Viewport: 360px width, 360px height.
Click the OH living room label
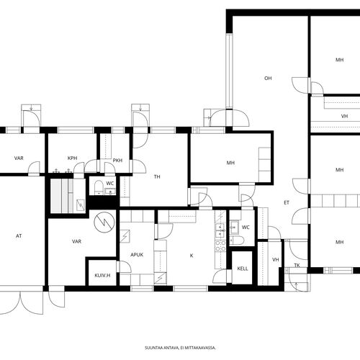268,78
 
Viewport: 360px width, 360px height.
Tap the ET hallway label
287,203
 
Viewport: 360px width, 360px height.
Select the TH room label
157,177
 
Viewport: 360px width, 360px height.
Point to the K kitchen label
192,256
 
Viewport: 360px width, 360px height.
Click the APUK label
137,255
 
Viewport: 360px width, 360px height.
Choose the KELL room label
243,269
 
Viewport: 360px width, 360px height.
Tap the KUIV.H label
102,275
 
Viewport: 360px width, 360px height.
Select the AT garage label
19,236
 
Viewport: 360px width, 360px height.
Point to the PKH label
117,161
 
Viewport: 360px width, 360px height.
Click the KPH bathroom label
72,158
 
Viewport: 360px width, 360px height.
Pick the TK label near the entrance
297,266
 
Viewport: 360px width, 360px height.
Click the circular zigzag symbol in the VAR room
104,222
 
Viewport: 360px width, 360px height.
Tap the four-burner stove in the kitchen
220,246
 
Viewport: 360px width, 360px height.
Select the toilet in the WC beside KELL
237,240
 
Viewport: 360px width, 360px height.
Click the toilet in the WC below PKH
99,186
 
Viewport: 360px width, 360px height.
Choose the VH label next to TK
276,260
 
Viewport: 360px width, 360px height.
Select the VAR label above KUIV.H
76,241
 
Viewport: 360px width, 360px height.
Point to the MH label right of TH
230,163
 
